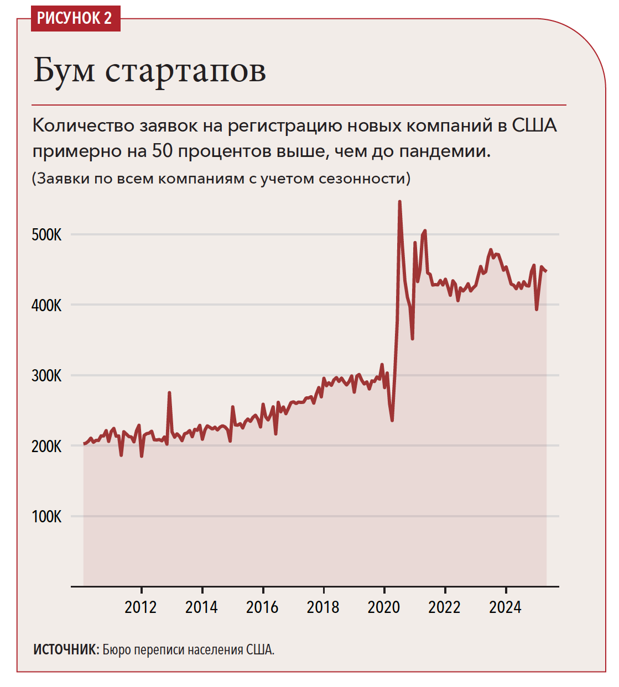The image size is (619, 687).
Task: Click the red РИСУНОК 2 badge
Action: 75,18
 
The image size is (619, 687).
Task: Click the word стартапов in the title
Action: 185,71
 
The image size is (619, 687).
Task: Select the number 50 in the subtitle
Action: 163,150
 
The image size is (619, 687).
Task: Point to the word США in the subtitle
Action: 534,125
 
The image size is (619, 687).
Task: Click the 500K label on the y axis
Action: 46,235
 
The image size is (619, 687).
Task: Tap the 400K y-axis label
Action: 46,305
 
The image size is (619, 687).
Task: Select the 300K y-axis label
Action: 46,376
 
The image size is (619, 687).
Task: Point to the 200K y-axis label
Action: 46,446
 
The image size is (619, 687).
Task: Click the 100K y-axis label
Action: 46,517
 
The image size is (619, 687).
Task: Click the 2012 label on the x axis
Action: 141,607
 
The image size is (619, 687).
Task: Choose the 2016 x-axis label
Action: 262,607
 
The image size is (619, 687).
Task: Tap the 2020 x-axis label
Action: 383,607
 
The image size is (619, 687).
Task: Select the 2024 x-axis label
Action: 505,607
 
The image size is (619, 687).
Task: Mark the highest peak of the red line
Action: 399,202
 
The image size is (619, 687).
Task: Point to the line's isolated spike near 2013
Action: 169,393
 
